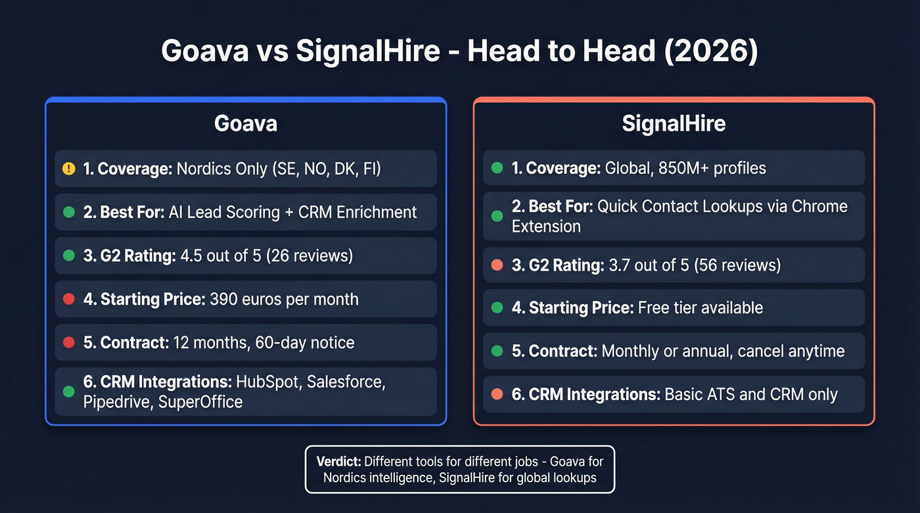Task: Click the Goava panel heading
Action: tap(245, 123)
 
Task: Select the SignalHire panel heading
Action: tap(674, 123)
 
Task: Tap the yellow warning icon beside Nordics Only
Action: tap(69, 169)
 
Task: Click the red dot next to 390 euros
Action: tap(69, 300)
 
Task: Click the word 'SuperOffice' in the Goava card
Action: tap(200, 402)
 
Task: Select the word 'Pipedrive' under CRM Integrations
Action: tap(117, 402)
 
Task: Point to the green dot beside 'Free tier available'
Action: tap(497, 307)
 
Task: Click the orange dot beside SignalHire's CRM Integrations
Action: tap(497, 394)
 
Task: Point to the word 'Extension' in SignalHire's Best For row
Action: tap(546, 226)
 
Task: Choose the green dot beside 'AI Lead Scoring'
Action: tap(69, 212)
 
